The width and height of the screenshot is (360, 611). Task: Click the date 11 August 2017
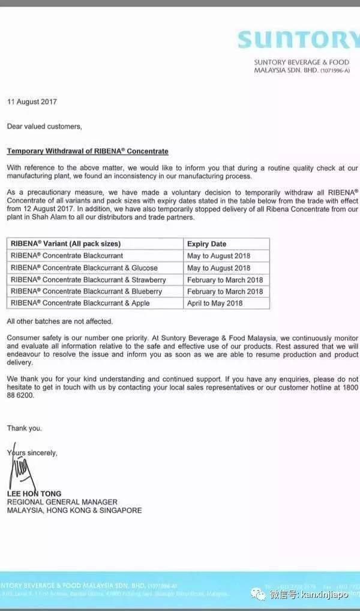32,102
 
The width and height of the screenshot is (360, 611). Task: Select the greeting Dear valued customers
44,127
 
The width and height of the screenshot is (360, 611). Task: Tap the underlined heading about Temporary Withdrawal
88,151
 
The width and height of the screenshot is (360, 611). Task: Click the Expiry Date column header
207,244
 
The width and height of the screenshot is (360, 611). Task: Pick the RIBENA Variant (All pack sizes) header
65,244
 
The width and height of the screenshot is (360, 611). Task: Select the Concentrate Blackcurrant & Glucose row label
84,268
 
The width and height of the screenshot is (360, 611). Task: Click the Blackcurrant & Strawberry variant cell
88,280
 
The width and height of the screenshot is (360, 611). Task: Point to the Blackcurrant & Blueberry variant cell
86,291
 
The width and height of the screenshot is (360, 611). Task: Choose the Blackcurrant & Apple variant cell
80,303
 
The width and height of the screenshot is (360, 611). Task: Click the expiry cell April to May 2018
215,303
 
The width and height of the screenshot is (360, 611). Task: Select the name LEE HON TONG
34,494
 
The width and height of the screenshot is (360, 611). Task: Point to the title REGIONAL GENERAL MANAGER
62,502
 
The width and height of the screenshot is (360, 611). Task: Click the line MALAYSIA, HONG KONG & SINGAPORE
74,510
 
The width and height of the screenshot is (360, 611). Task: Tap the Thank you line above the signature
25,428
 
